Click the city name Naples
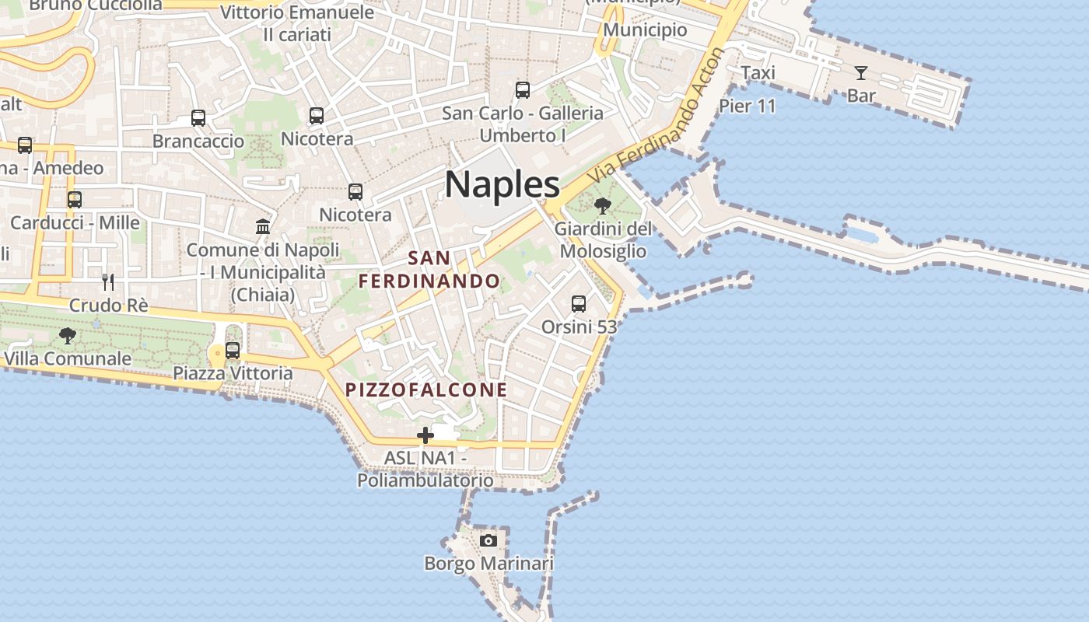502,185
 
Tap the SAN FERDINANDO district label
429,269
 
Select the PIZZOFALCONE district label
426,390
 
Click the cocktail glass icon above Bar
860,73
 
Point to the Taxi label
758,73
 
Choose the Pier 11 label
748,106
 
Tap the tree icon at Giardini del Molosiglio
602,206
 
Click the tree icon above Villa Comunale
68,336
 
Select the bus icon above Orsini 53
578,304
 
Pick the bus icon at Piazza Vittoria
232,351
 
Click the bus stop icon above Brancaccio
198,118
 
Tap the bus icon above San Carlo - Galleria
523,90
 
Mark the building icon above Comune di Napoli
263,227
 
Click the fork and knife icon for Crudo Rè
108,281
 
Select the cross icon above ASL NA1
425,435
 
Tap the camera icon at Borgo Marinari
488,540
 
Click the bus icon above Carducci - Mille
75,200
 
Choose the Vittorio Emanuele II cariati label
297,23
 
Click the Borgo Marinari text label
488,563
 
